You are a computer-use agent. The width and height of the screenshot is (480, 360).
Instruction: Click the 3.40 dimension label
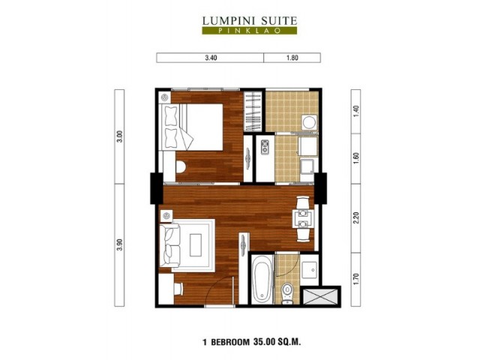[x=211, y=58]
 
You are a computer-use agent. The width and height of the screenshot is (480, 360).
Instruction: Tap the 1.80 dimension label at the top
[x=292, y=58]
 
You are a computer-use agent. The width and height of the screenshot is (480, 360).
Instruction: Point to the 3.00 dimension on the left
[x=120, y=136]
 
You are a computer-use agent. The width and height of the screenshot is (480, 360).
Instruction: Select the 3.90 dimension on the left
[x=120, y=244]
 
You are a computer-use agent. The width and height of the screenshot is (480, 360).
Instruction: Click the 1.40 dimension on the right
[x=355, y=112]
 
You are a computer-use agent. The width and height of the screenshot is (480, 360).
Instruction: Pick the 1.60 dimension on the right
[x=355, y=158]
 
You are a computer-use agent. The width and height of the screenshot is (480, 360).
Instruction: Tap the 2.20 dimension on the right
[x=355, y=217]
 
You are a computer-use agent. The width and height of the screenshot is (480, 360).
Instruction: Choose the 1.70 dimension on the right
[x=355, y=279]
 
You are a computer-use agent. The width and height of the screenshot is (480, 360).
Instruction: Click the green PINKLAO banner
[x=249, y=31]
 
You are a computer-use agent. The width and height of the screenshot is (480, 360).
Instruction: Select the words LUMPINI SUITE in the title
[x=250, y=21]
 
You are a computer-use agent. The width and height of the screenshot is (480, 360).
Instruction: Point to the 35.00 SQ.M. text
[x=277, y=342]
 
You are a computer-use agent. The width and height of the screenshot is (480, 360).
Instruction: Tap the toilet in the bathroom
[x=287, y=293]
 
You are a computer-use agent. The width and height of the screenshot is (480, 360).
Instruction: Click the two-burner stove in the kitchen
[x=265, y=147]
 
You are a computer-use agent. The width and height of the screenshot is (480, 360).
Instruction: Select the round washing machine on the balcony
[x=309, y=122]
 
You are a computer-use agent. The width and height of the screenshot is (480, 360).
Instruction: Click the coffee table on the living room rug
[x=196, y=245]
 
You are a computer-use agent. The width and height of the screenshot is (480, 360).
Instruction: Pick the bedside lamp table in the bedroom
[x=165, y=97]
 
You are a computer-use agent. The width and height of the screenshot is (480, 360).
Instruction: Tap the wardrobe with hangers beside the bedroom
[x=253, y=112]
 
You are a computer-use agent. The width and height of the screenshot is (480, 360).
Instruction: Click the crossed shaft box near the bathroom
[x=320, y=297]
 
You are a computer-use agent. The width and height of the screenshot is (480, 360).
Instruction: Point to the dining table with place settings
[x=303, y=218]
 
